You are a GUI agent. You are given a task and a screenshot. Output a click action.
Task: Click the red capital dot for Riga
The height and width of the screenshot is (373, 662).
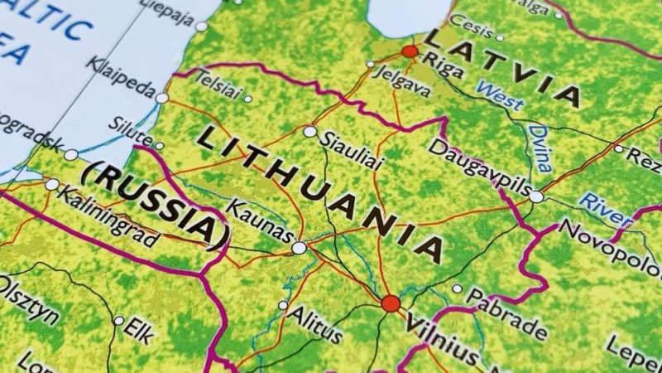tap(409, 51)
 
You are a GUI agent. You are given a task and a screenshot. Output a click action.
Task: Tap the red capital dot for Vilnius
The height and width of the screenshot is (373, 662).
tap(391, 303)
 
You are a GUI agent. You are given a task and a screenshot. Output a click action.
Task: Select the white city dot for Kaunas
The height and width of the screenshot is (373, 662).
tap(299, 247)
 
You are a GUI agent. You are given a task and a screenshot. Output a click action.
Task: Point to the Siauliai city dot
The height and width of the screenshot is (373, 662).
tap(310, 131)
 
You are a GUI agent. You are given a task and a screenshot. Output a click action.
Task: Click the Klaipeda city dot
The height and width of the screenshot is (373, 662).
tap(162, 98)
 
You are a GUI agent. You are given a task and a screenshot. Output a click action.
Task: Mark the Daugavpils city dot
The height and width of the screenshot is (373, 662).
tap(536, 196)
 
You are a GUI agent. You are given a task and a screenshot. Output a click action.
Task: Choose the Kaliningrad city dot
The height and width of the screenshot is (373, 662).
tap(53, 184)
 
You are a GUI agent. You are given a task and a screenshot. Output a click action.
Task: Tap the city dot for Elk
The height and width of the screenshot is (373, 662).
tap(119, 321)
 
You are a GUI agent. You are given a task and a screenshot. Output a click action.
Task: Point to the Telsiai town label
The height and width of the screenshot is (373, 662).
tap(217, 86)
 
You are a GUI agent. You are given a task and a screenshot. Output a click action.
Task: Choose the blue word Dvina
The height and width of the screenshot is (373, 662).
tap(540, 146)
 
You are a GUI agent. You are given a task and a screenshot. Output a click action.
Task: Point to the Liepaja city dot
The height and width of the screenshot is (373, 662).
tap(201, 27)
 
